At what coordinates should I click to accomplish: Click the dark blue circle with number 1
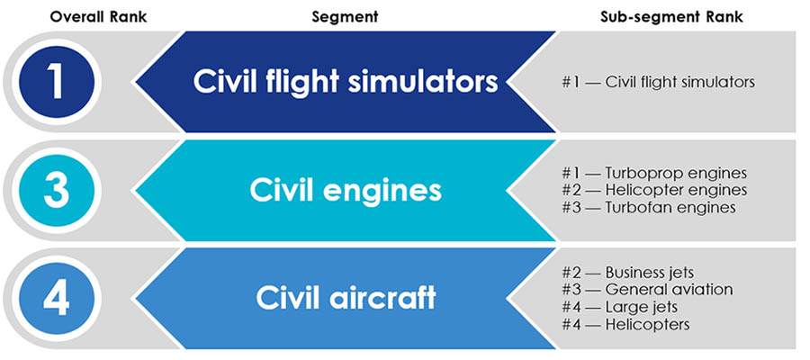(56, 82)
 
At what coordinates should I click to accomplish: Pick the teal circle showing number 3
(56, 191)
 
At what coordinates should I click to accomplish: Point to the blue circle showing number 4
(56, 298)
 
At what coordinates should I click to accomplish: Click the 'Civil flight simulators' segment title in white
(346, 82)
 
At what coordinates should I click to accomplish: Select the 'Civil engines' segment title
(346, 191)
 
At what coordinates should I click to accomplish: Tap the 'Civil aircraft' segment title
(346, 298)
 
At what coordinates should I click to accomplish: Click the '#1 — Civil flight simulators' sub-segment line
(657, 82)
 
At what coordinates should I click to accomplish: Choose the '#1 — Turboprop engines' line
(653, 173)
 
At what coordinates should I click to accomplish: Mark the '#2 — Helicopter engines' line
(655, 190)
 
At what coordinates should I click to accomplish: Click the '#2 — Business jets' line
(637, 272)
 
